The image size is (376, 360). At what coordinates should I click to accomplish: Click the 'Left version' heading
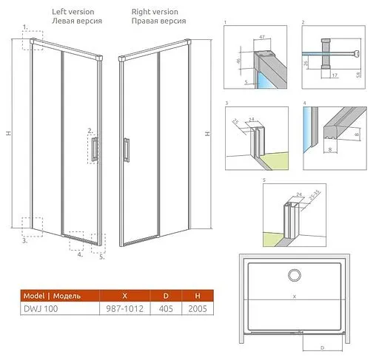(78, 13)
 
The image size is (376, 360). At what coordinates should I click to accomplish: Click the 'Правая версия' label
(159, 21)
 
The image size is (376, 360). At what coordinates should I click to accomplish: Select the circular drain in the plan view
(294, 276)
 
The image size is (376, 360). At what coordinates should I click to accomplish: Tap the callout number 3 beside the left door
(24, 240)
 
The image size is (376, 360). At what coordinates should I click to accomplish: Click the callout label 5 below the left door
(101, 258)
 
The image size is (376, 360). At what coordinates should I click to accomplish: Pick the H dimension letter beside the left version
(8, 133)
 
